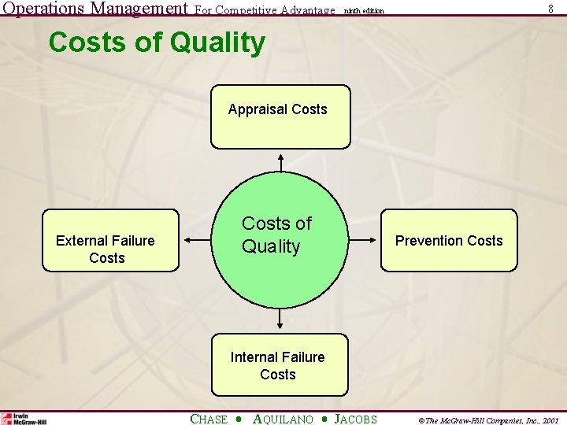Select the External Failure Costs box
[x=110, y=240]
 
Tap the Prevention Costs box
[x=449, y=240]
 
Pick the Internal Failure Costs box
[x=279, y=364]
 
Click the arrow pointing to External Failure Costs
[x=197, y=240]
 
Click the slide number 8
[x=550, y=8]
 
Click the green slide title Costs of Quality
[x=157, y=42]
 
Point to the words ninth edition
[x=364, y=11]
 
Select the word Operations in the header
[x=43, y=9]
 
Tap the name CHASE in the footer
[x=209, y=419]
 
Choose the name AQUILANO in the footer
[x=283, y=419]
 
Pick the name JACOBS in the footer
[x=356, y=419]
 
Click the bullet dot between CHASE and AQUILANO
[x=239, y=419]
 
